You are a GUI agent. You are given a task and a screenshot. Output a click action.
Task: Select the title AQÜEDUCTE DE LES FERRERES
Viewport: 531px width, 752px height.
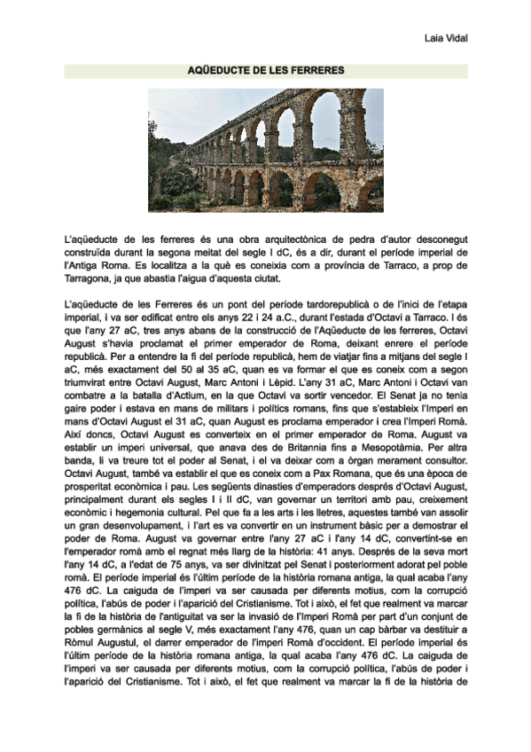[x=266, y=69]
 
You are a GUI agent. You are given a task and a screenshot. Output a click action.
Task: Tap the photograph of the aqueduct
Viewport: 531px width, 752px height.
[x=266, y=150]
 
